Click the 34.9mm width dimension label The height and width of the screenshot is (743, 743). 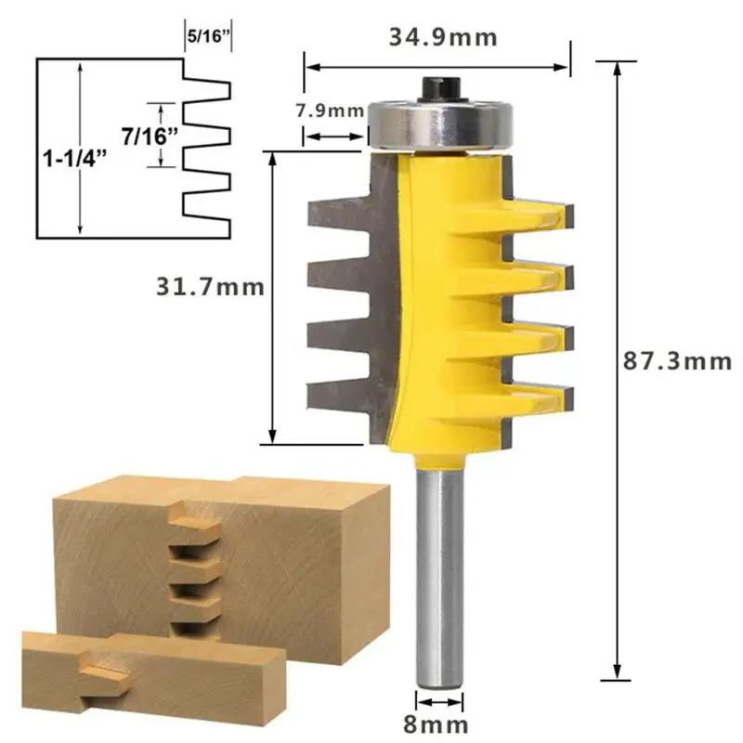tap(443, 37)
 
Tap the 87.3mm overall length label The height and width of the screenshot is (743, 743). tap(677, 361)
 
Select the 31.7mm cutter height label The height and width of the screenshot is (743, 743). tap(210, 287)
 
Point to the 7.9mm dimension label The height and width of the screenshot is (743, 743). tap(330, 111)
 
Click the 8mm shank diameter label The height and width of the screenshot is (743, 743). tap(436, 724)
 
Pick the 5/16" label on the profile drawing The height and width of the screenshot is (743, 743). tap(208, 36)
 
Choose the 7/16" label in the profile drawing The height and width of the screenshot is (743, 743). tap(150, 137)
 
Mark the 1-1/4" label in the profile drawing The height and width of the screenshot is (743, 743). tap(76, 158)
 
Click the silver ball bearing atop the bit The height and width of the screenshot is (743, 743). tap(440, 124)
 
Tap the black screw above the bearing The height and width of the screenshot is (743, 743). tap(442, 88)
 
